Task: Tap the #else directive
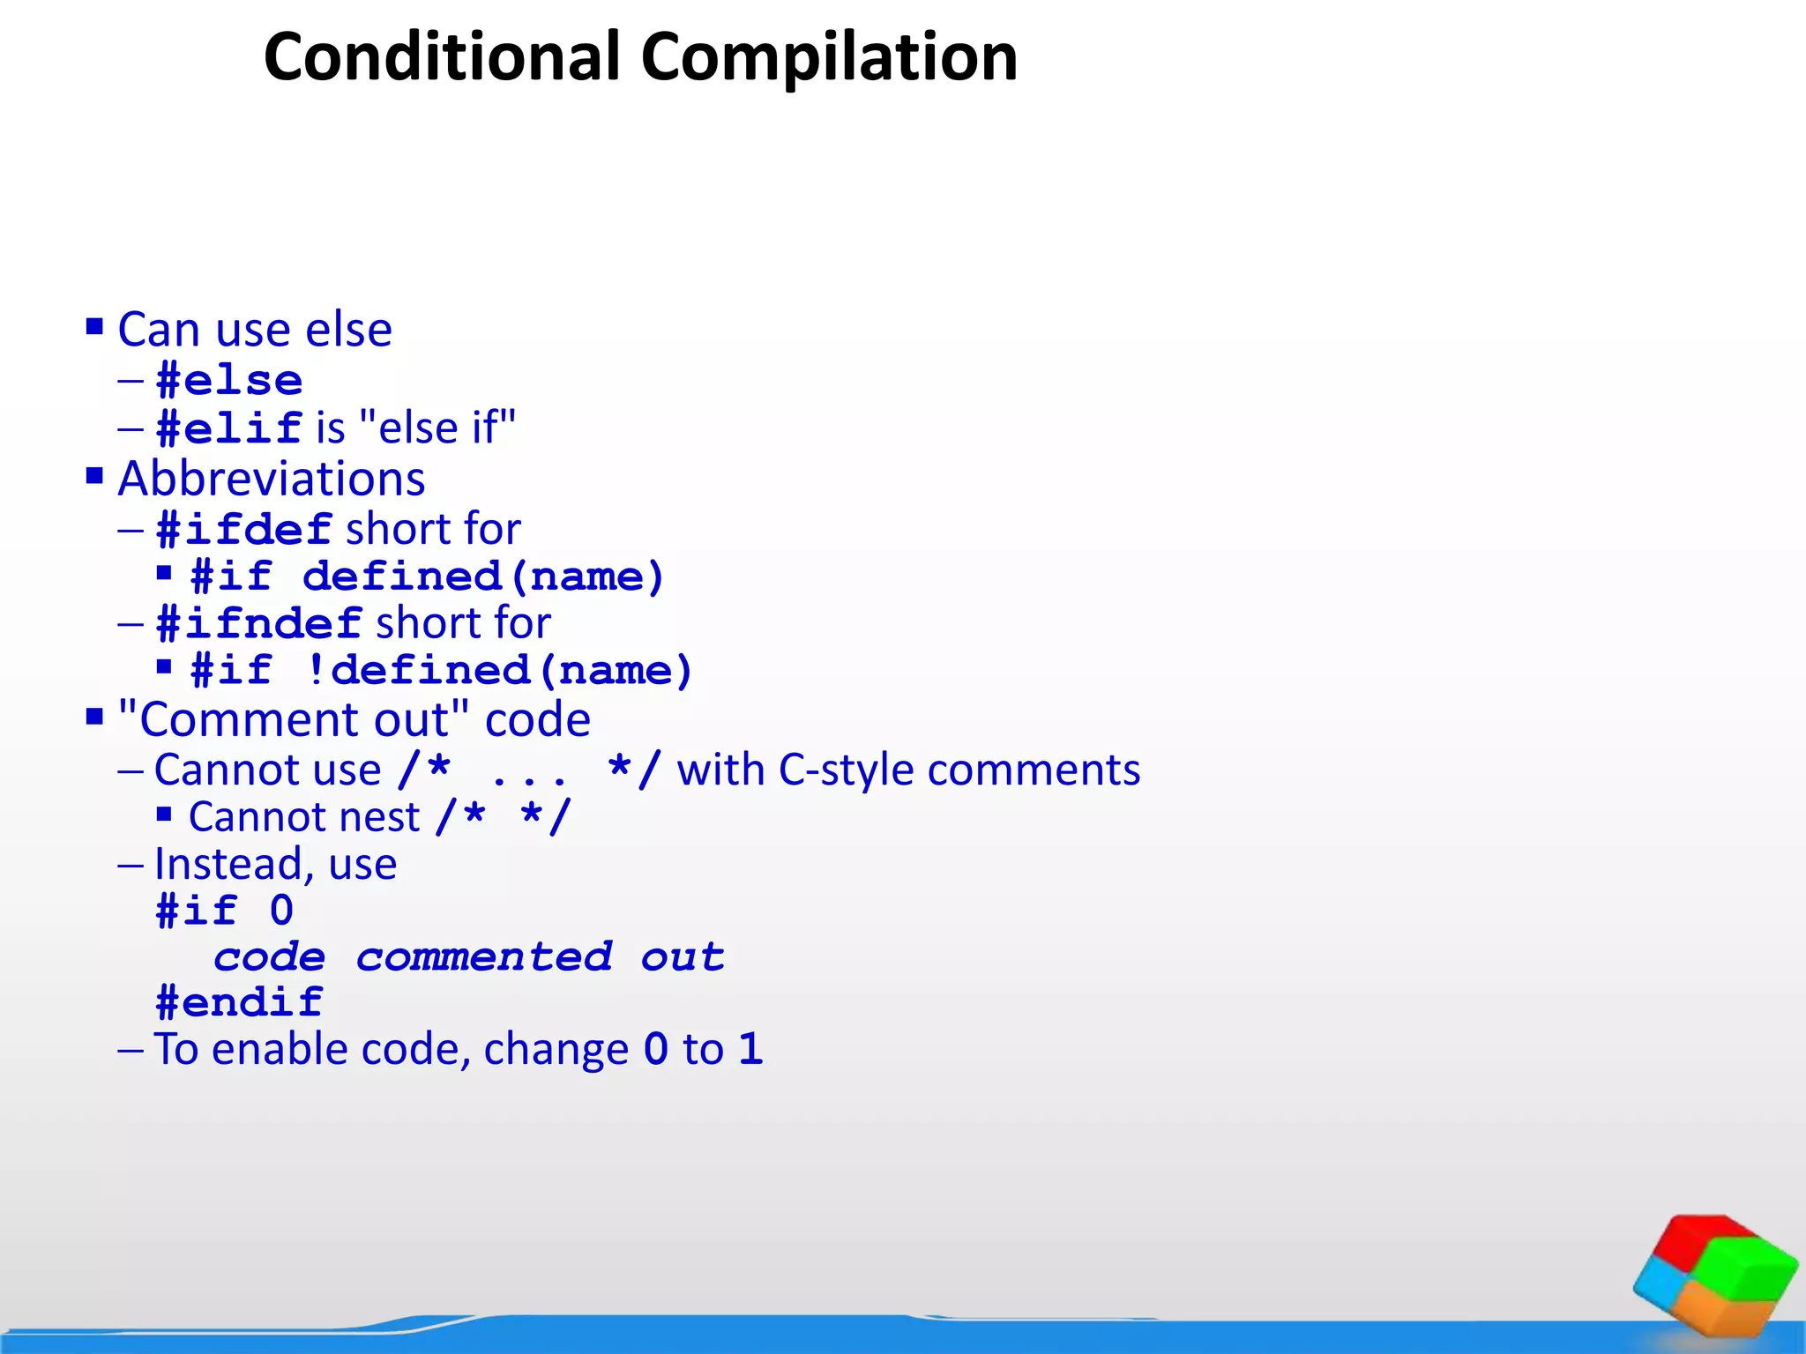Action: click(x=229, y=381)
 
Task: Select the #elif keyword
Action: click(x=229, y=428)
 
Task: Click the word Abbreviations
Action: click(x=272, y=479)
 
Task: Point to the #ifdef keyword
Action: click(x=243, y=530)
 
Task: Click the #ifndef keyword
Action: click(x=258, y=623)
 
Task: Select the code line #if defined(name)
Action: click(x=427, y=577)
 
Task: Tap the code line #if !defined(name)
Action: click(x=442, y=671)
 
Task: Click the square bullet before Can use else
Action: click(x=94, y=328)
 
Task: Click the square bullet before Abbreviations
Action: click(x=94, y=477)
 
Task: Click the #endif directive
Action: click(x=240, y=1002)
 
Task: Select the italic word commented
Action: click(x=484, y=957)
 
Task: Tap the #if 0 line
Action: click(x=224, y=911)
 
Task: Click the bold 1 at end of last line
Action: click(x=750, y=1049)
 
